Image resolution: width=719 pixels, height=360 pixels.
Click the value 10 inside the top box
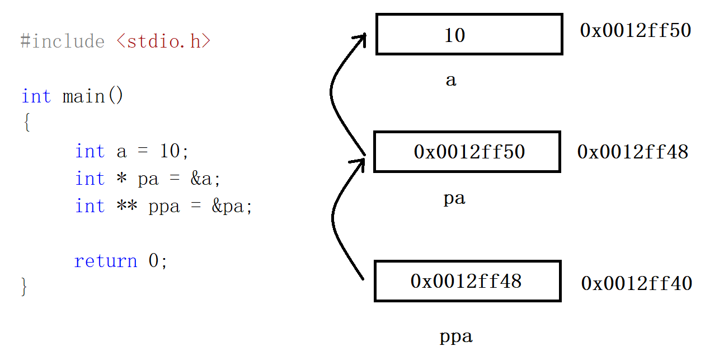(454, 35)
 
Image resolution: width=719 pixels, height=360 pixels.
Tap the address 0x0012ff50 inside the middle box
(469, 152)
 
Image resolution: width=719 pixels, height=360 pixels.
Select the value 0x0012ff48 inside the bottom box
(466, 281)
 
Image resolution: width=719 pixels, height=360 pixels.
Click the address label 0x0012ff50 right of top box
(635, 30)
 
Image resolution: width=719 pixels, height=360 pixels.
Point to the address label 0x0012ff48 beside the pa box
(632, 152)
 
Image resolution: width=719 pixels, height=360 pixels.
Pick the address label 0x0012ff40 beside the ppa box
(636, 283)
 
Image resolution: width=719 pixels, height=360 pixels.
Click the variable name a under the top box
(451, 81)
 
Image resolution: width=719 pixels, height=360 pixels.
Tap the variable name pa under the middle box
(454, 199)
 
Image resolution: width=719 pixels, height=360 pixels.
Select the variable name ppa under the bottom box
(456, 336)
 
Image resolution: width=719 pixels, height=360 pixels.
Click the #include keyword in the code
(62, 41)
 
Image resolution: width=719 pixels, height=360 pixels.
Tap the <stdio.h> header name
(163, 41)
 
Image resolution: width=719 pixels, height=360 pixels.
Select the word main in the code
(83, 96)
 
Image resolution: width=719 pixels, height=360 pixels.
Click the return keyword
(105, 261)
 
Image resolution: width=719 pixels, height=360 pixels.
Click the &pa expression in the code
(232, 207)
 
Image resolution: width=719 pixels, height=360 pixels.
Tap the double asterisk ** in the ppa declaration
(127, 207)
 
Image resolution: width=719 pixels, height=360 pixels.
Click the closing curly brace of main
(24, 286)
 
